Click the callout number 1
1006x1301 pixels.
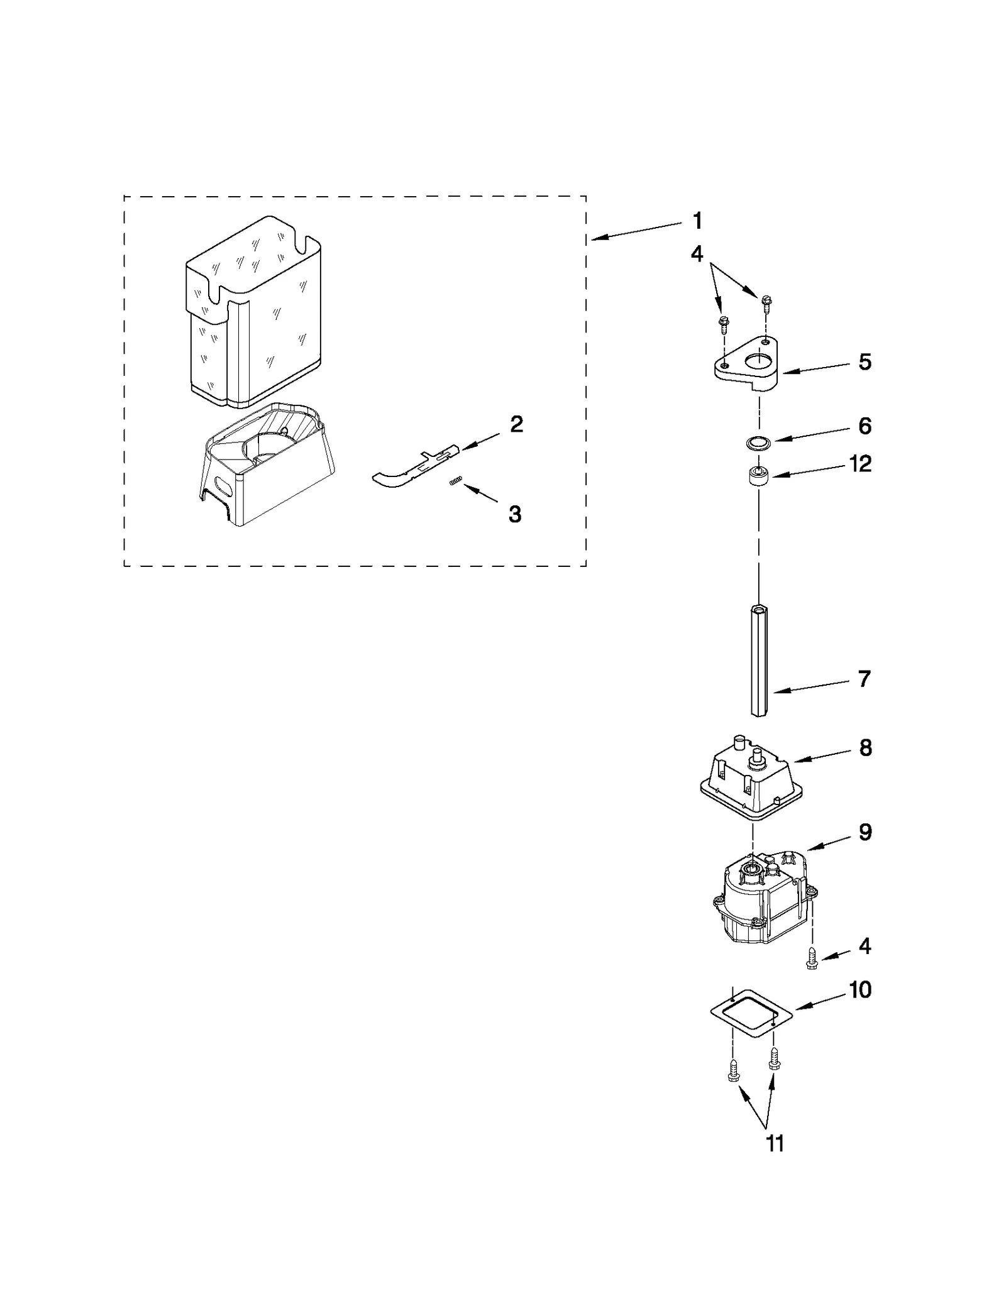[697, 221]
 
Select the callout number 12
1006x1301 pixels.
[860, 464]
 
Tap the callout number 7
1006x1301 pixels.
[865, 679]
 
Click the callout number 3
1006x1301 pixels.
[515, 514]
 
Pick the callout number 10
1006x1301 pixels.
[860, 990]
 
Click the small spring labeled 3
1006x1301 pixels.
[456, 481]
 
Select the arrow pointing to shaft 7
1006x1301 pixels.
[811, 687]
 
